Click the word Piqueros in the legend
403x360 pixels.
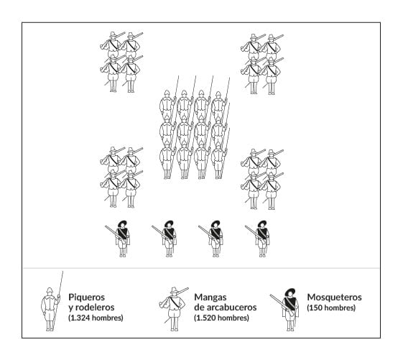[87, 297]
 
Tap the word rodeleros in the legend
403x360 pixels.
[94, 308]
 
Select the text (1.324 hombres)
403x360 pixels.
[96, 318]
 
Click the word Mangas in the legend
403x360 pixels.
[210, 297]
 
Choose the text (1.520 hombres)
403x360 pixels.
[221, 318]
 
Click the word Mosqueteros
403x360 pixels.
[334, 297]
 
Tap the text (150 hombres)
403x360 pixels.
[331, 308]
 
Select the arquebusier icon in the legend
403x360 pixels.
[174, 308]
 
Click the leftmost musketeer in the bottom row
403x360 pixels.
[119, 239]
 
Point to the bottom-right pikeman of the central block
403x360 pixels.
[219, 160]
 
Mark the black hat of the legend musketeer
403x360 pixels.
[290, 292]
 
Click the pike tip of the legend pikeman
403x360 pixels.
[62, 271]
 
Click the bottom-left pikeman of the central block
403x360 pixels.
[167, 160]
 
